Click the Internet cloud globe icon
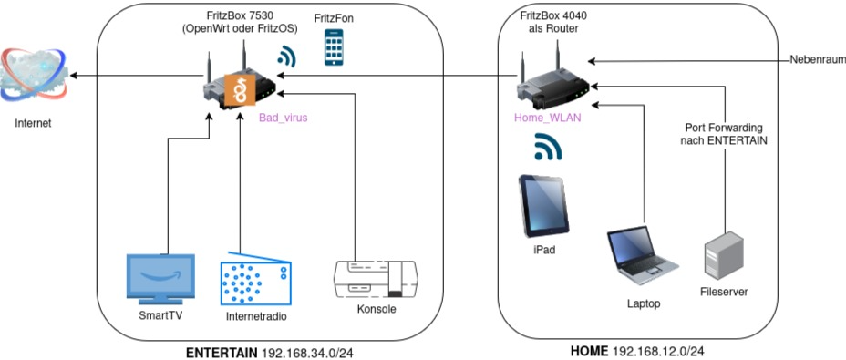(35, 76)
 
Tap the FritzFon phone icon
(334, 47)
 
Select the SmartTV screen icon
(160, 279)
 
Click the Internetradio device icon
(256, 279)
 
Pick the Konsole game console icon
(376, 280)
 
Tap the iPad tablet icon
(543, 206)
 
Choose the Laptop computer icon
(642, 255)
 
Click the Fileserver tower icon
(724, 255)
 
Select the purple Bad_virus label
(283, 118)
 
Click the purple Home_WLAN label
(548, 118)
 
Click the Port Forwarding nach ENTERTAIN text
(724, 134)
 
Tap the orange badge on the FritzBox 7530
(240, 89)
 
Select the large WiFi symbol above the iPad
(548, 147)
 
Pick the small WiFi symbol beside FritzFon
(286, 56)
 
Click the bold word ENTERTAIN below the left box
(222, 353)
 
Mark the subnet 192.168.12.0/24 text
(659, 352)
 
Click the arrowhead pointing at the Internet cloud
(75, 76)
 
